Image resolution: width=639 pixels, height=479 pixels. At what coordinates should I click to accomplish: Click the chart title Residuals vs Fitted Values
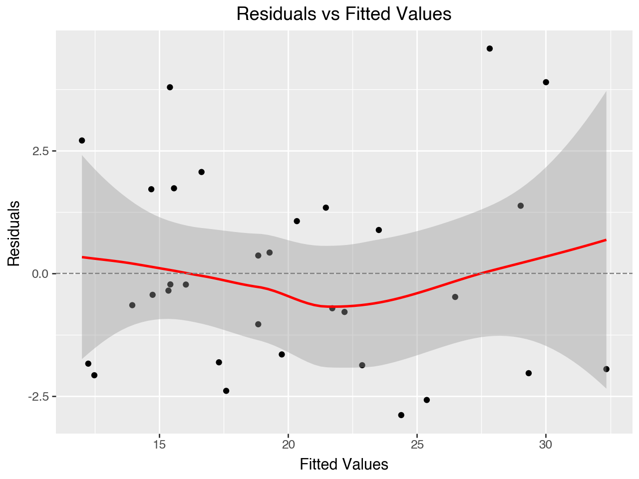click(x=343, y=14)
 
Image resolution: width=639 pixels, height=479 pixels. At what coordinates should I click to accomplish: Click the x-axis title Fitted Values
click(x=343, y=465)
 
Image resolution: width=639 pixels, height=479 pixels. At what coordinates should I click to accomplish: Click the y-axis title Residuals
click(x=14, y=233)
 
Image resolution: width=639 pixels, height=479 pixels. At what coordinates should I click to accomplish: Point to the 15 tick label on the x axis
click(x=159, y=445)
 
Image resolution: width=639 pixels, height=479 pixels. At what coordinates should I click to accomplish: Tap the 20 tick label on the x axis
click(x=288, y=445)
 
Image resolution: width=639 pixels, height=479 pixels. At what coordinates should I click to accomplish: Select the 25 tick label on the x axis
click(x=417, y=445)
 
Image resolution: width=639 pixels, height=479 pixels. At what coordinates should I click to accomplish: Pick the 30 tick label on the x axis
click(x=546, y=445)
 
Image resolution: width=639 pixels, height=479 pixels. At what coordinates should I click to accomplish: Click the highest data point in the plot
click(x=490, y=48)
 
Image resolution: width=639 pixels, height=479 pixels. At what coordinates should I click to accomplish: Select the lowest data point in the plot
click(x=401, y=415)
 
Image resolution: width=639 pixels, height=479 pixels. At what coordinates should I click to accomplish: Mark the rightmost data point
click(x=606, y=369)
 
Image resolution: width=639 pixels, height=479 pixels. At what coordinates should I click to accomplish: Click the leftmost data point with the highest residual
click(x=82, y=141)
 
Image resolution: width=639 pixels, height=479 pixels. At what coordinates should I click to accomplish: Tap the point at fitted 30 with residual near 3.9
click(x=546, y=82)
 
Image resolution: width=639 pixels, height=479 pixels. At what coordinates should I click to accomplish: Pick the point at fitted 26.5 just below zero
click(x=455, y=297)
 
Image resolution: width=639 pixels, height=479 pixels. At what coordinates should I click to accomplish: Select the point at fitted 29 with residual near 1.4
click(x=520, y=206)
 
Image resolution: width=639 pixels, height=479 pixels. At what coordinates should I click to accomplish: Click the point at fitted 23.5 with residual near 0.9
click(x=378, y=230)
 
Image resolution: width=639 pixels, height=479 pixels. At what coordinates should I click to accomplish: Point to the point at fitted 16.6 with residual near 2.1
click(x=201, y=172)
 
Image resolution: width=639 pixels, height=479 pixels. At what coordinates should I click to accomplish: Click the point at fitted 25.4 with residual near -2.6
click(x=426, y=400)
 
